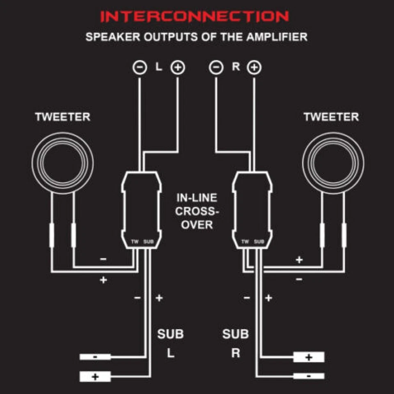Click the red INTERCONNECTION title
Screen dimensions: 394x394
(x=195, y=17)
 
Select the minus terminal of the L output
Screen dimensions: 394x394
(x=140, y=67)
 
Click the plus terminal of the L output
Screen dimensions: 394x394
(x=178, y=67)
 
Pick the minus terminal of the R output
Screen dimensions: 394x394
(x=216, y=67)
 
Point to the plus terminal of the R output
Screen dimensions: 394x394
(x=254, y=67)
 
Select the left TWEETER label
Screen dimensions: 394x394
(x=62, y=117)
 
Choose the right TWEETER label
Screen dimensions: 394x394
(x=331, y=117)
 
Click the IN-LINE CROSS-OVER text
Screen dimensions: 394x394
(x=197, y=211)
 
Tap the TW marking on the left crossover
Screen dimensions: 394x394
(x=135, y=242)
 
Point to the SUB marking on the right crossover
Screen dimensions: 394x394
(x=259, y=242)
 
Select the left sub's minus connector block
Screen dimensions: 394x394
(x=95, y=357)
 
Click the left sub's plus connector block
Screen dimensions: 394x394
(x=95, y=376)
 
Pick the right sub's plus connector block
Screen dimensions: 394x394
(x=309, y=357)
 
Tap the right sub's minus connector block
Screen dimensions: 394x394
(x=309, y=376)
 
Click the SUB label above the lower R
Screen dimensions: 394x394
(x=236, y=334)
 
